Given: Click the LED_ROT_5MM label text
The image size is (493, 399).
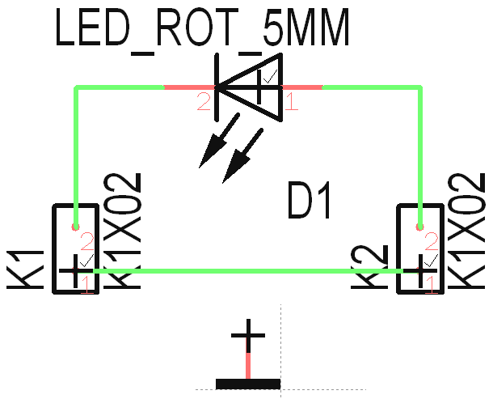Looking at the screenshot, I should point(202,30).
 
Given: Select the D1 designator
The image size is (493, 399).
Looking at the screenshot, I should point(310,202).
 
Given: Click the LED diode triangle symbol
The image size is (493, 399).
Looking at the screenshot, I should point(251,87).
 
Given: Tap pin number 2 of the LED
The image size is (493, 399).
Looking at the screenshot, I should point(203,102).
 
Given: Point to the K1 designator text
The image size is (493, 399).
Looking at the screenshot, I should point(24,267).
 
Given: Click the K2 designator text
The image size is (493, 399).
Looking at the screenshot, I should point(369,267).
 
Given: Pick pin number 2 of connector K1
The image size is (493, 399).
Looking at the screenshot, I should point(86,241).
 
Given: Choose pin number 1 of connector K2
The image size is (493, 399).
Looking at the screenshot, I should point(432,284).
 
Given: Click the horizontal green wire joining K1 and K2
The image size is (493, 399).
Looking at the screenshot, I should point(242,271).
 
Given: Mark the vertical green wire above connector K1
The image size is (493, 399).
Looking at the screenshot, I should point(77,154).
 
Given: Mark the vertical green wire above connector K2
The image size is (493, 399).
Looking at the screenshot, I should point(421,154).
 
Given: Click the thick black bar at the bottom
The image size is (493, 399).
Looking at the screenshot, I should point(248,383).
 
